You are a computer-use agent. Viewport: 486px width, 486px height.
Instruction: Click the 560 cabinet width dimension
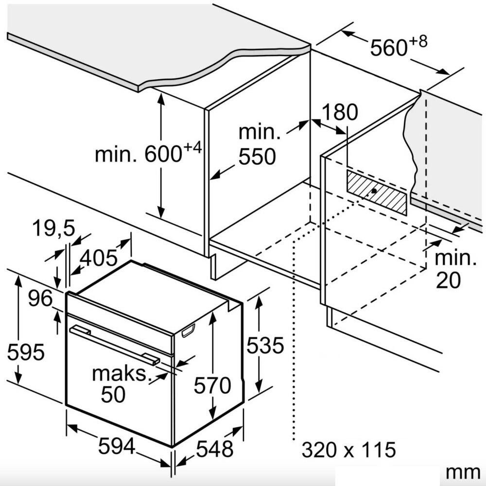click(x=399, y=46)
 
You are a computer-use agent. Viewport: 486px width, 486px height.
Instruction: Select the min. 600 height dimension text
click(x=148, y=152)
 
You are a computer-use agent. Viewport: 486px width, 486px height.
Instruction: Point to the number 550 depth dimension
click(x=257, y=156)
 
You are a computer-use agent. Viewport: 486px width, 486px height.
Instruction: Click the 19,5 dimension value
click(x=53, y=228)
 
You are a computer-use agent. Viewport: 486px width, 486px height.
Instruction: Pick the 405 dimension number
click(x=99, y=258)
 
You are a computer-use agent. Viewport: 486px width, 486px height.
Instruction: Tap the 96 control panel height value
click(x=40, y=298)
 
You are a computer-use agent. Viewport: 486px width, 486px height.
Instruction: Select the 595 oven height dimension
click(x=26, y=352)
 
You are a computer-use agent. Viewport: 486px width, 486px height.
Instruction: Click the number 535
click(x=265, y=345)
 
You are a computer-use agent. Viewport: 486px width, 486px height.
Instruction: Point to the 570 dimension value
click(x=212, y=385)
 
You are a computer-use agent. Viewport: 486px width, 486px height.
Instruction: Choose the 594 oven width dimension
click(x=117, y=446)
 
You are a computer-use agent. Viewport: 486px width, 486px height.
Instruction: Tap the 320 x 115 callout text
click(x=348, y=450)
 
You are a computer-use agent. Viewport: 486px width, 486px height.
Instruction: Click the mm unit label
click(x=463, y=473)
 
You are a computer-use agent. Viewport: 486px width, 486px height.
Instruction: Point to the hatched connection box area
click(x=376, y=192)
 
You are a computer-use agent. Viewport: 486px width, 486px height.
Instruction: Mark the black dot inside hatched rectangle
click(x=374, y=191)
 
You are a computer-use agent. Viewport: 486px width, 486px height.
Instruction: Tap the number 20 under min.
click(x=448, y=280)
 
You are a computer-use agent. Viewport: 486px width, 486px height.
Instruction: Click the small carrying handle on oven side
click(x=188, y=330)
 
